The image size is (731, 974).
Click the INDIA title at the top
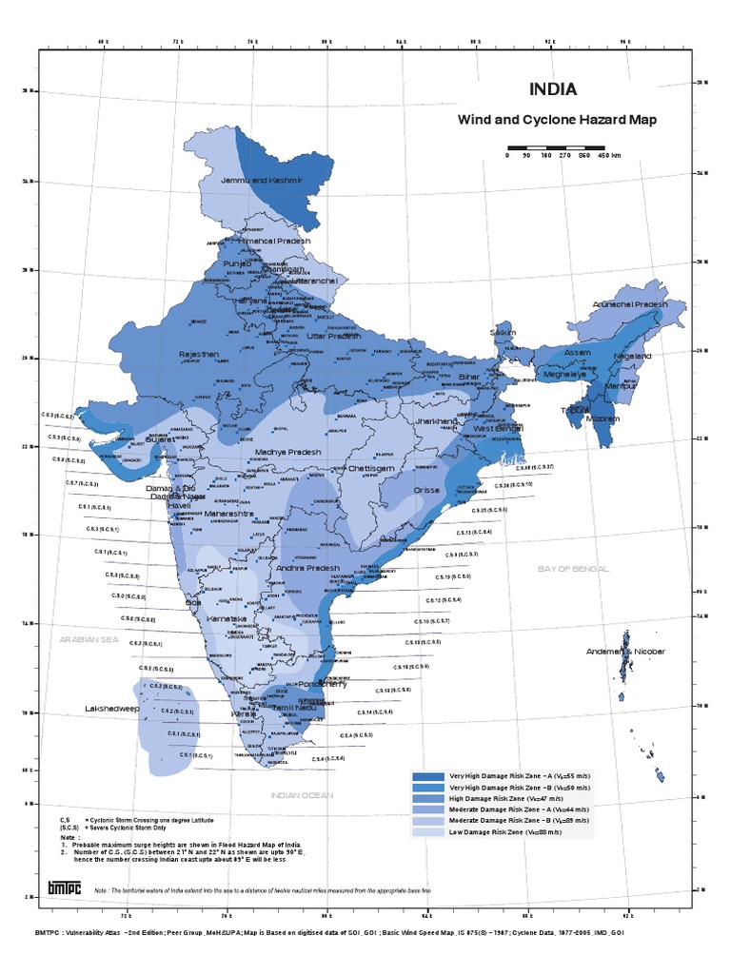(x=552, y=90)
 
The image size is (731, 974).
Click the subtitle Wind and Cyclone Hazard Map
(x=558, y=121)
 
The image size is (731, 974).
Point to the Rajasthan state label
(x=198, y=354)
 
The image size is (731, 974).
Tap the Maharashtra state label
(x=233, y=514)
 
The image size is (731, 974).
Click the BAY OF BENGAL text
(x=571, y=568)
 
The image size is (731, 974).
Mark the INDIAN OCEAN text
(x=301, y=794)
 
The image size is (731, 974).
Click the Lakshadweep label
(x=112, y=709)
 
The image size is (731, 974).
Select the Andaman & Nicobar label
(x=625, y=652)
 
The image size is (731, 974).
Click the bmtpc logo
(x=66, y=887)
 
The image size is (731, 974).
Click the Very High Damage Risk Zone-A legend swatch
(x=427, y=777)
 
